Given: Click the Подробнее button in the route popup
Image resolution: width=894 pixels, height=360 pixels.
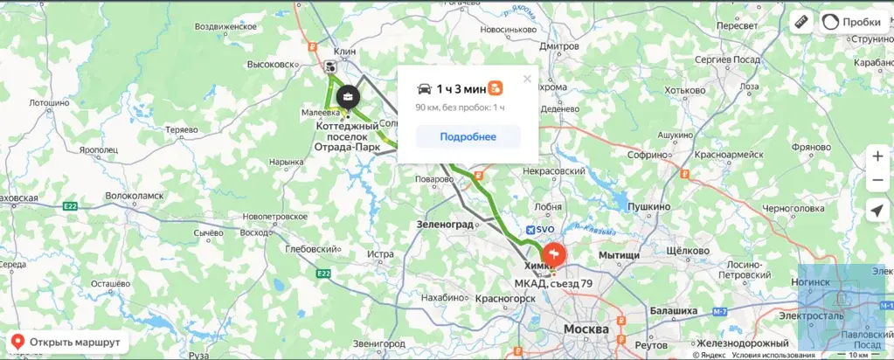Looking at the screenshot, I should (x=468, y=136).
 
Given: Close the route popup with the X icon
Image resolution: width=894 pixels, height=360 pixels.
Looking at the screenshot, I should (x=527, y=79).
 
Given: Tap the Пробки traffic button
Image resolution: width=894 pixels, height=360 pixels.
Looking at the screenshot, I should (x=854, y=23).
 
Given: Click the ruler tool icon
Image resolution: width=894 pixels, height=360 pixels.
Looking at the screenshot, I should (x=800, y=23).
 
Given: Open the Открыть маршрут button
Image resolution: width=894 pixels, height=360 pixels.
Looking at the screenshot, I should (x=66, y=342).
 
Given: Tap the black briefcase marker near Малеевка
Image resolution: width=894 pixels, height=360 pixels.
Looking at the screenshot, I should (x=347, y=96).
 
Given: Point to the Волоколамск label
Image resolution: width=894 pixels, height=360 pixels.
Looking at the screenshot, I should (x=134, y=197).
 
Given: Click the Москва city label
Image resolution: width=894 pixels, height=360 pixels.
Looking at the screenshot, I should (x=586, y=329).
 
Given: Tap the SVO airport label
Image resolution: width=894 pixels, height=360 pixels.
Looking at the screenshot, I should (x=540, y=229).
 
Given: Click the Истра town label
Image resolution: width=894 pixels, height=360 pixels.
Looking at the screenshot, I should (x=381, y=254).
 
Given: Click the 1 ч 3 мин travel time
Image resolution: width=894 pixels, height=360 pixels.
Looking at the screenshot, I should (x=461, y=88).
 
